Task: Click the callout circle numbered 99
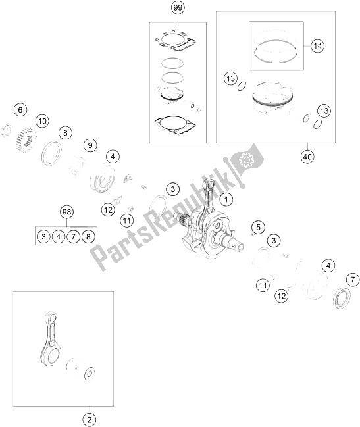pos(178,8)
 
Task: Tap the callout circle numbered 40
pos(307,157)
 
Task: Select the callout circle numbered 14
pos(317,46)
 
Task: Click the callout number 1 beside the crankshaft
pos(226,199)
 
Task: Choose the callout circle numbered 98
pos(66,212)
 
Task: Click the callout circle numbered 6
pos(20,110)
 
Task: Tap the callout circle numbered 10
pos(43,121)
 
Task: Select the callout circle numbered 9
pos(90,145)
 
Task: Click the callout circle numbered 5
pos(258,227)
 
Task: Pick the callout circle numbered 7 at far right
pos(353,280)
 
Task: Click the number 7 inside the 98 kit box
pos(73,236)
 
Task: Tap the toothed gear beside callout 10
pos(25,141)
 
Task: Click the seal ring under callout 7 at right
pos(342,298)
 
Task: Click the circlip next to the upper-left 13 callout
pos(242,87)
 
